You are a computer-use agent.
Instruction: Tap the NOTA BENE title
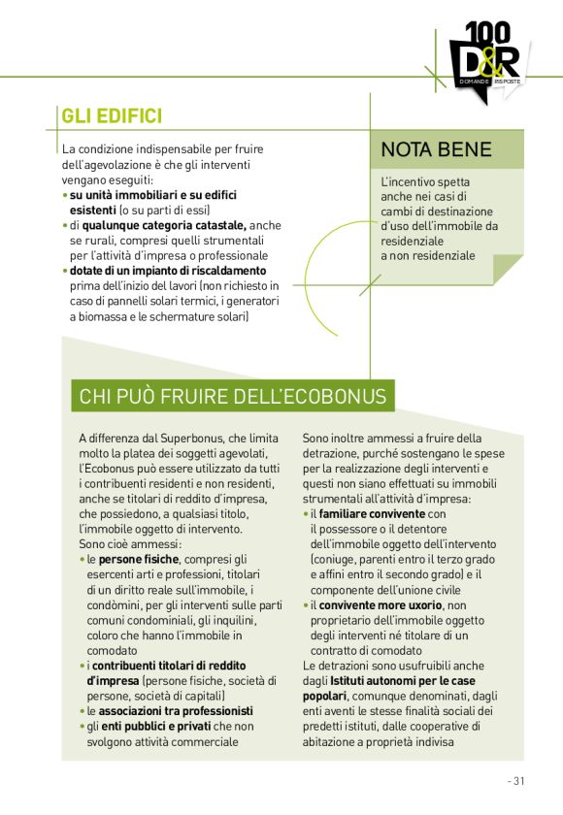[436, 149]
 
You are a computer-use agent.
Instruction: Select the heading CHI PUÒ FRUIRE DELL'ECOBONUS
[233, 396]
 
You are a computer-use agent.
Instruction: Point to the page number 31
[516, 780]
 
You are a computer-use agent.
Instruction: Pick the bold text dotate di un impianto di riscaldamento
[168, 271]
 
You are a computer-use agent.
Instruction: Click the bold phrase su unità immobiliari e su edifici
[152, 195]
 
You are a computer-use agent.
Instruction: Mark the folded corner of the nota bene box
[507, 268]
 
